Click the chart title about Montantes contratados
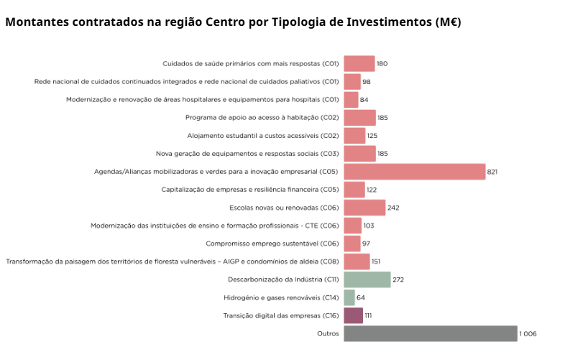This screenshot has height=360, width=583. coord(233,22)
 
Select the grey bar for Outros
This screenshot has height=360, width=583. coord(430,333)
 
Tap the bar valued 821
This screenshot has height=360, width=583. coord(415,172)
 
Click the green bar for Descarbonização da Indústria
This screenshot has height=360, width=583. coord(367,280)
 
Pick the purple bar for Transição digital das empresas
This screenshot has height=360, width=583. coord(353,315)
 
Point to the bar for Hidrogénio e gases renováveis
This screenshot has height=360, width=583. coord(349,297)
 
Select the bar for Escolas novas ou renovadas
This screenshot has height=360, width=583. coord(364,208)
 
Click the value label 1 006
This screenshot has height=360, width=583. coord(528,333)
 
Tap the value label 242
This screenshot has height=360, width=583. coord(393,208)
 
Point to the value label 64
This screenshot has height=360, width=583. coord(361,297)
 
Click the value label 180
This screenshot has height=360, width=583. coord(382,63)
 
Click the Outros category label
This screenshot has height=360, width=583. coord(328,333)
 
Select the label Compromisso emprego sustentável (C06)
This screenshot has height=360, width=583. coord(272,244)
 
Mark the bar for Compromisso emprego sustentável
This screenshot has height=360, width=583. coord(352,244)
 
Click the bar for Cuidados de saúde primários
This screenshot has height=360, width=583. coord(359,63)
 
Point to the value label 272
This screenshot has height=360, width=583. coord(398,280)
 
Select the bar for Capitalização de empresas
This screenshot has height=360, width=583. coord(354,190)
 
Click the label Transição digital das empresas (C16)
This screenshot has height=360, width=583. coord(281,315)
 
